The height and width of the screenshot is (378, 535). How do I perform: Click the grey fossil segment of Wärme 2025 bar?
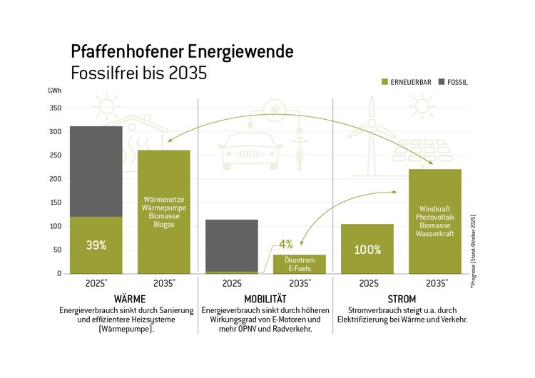point(96,171)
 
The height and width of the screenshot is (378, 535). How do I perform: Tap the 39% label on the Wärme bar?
point(96,245)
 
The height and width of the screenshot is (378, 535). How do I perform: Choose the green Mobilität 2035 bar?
point(299,265)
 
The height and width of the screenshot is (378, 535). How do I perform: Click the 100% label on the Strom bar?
point(367,250)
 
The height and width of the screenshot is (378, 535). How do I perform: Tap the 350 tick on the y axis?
point(55,108)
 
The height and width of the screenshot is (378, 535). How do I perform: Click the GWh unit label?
point(55,91)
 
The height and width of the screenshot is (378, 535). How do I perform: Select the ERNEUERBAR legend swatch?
point(388,83)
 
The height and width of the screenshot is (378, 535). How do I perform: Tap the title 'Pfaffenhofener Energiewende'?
point(181,51)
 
